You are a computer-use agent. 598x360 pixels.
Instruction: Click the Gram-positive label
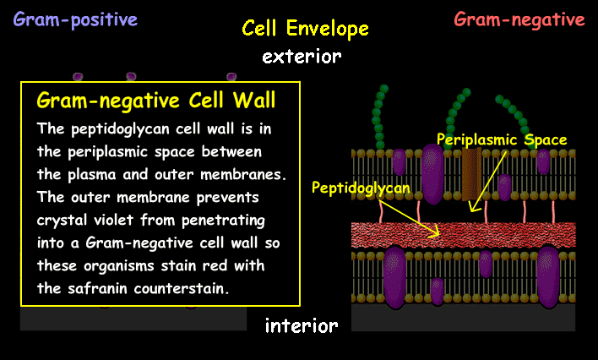click(74, 18)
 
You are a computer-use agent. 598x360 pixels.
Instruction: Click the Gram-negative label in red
click(519, 19)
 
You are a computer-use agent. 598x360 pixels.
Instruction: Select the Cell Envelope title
click(305, 29)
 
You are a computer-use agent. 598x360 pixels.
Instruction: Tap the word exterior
click(302, 57)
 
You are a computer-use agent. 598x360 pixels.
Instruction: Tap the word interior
click(302, 325)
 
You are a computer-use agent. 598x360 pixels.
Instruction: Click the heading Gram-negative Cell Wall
click(156, 101)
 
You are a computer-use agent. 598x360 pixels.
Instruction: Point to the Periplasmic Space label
click(502, 139)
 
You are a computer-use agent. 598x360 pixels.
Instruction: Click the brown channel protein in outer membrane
click(471, 173)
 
